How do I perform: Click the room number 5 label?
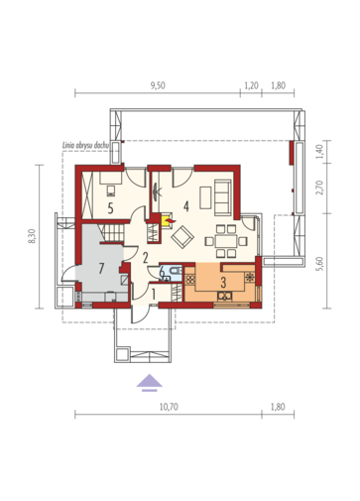point(111,208)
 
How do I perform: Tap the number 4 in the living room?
point(186,206)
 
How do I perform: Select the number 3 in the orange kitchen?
point(223,283)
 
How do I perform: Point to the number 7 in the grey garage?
point(101,269)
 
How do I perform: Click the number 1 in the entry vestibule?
point(154,295)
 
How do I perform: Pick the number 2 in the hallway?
point(145,258)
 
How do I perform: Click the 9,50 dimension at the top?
point(158,85)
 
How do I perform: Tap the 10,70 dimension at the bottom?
point(169,407)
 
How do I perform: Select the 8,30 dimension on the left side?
point(32,236)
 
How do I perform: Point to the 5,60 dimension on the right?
point(319,264)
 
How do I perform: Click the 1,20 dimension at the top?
point(251,85)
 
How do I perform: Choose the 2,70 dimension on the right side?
point(319,188)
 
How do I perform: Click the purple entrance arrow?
point(150,382)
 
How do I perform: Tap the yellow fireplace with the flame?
point(167,219)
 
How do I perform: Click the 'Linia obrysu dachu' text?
point(86,145)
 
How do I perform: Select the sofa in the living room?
point(223,197)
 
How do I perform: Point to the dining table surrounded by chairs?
point(226,241)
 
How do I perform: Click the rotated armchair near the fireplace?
point(182,237)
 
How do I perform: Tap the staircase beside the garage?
point(114,233)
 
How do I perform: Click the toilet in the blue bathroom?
point(175,270)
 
